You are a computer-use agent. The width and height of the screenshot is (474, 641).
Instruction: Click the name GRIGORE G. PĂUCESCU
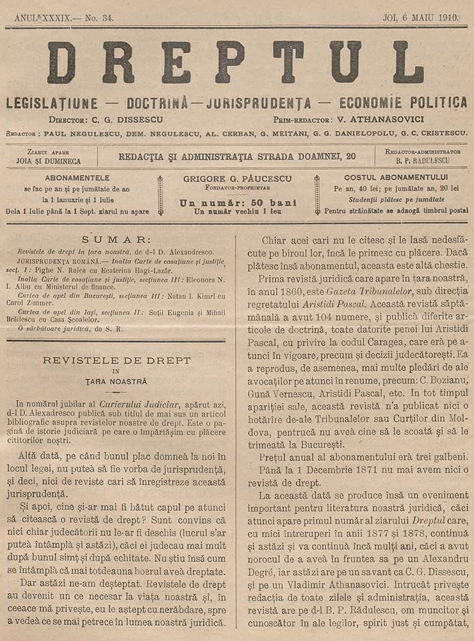tap(237, 178)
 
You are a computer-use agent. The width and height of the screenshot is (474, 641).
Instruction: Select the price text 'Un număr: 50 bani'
tap(237, 202)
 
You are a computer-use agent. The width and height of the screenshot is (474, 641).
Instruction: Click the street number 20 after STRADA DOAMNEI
tap(350, 155)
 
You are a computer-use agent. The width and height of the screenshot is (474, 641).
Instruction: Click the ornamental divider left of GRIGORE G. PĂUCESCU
tap(160, 195)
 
